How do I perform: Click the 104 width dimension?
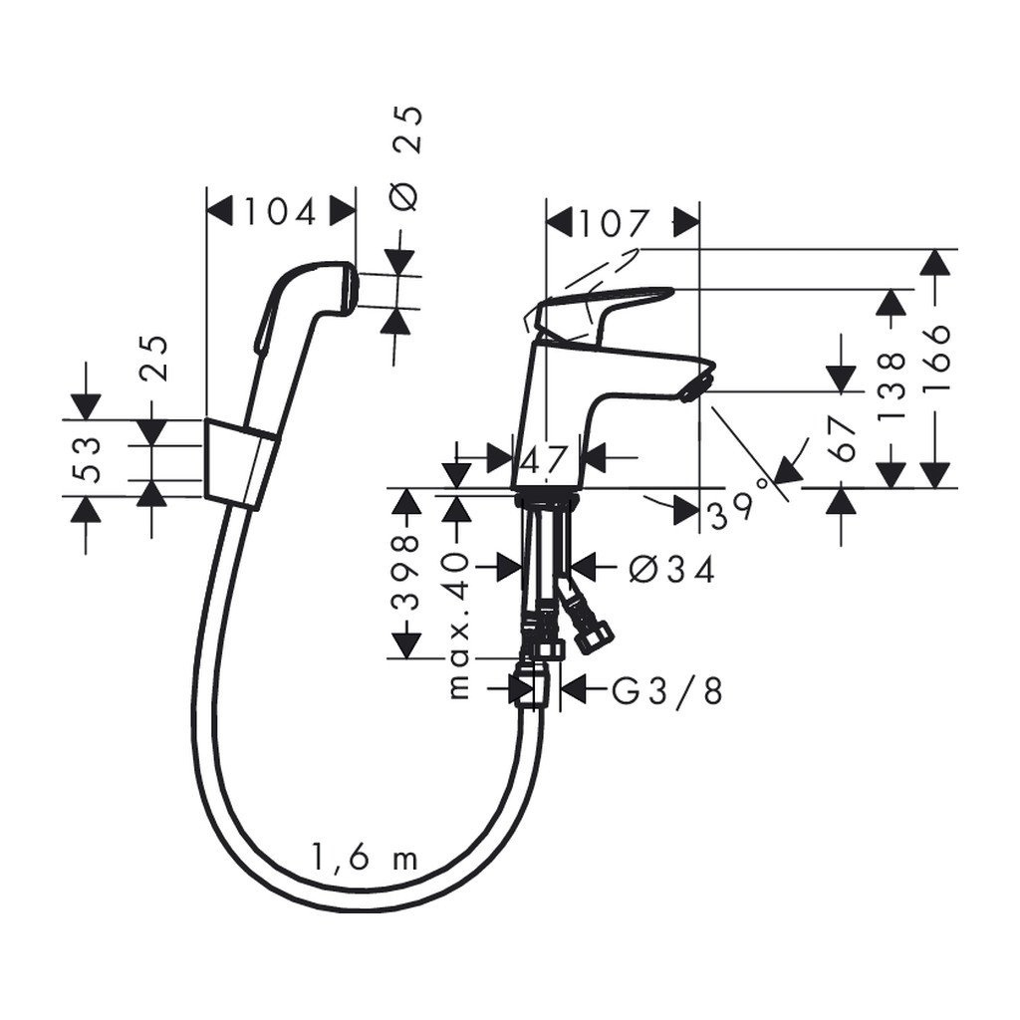tap(280, 212)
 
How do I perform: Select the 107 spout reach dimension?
tap(613, 223)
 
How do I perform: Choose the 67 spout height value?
tap(846, 438)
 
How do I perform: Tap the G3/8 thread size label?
tap(666, 690)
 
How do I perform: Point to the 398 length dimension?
tap(403, 572)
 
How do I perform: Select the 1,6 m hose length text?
tap(364, 859)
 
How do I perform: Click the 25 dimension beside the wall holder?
tap(152, 359)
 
